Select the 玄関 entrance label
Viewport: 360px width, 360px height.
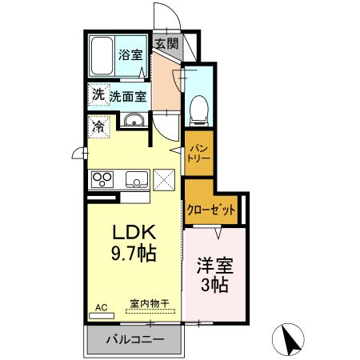166,44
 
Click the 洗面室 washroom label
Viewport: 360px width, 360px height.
128,96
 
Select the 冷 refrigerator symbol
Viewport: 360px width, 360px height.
98,126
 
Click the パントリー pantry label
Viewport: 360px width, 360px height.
198,153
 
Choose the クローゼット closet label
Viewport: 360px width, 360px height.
211,210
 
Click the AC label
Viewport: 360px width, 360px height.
101,306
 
